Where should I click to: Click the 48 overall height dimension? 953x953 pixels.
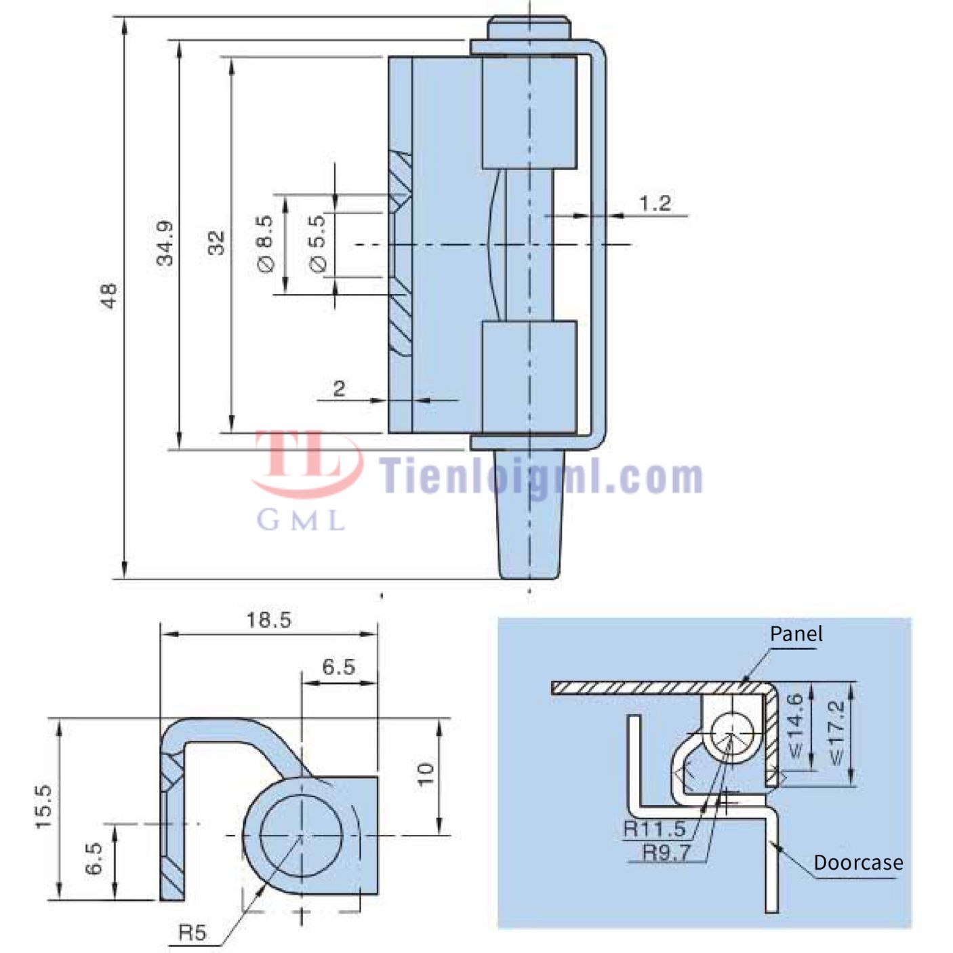tap(109, 296)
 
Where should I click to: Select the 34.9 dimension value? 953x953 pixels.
tap(165, 243)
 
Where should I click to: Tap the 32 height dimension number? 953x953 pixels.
tap(216, 243)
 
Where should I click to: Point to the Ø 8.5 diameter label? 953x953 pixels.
tap(265, 244)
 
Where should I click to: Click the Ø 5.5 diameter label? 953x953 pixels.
tap(317, 243)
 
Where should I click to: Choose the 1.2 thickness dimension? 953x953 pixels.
tap(655, 203)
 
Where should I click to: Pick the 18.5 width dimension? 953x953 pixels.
tap(269, 620)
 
